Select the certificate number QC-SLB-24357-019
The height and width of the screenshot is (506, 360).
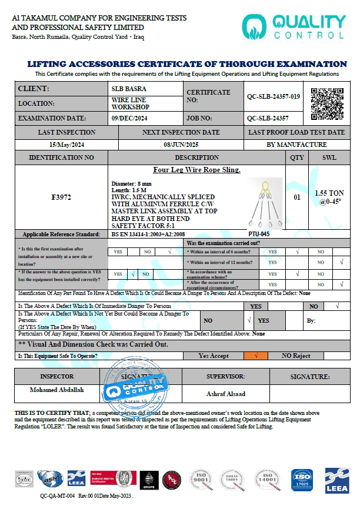coord(274,96)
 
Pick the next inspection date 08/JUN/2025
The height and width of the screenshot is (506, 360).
coord(181,145)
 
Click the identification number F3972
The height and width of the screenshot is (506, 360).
coord(61,197)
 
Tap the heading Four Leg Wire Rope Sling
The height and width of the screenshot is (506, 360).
coord(197,170)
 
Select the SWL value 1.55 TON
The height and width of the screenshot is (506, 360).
coord(329,193)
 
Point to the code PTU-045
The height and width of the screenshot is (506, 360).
coord(259,234)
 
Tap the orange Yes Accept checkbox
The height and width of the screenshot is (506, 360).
coord(256,356)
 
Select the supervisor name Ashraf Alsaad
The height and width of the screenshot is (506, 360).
coord(225,393)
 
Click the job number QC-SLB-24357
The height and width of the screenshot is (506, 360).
coord(269,118)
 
